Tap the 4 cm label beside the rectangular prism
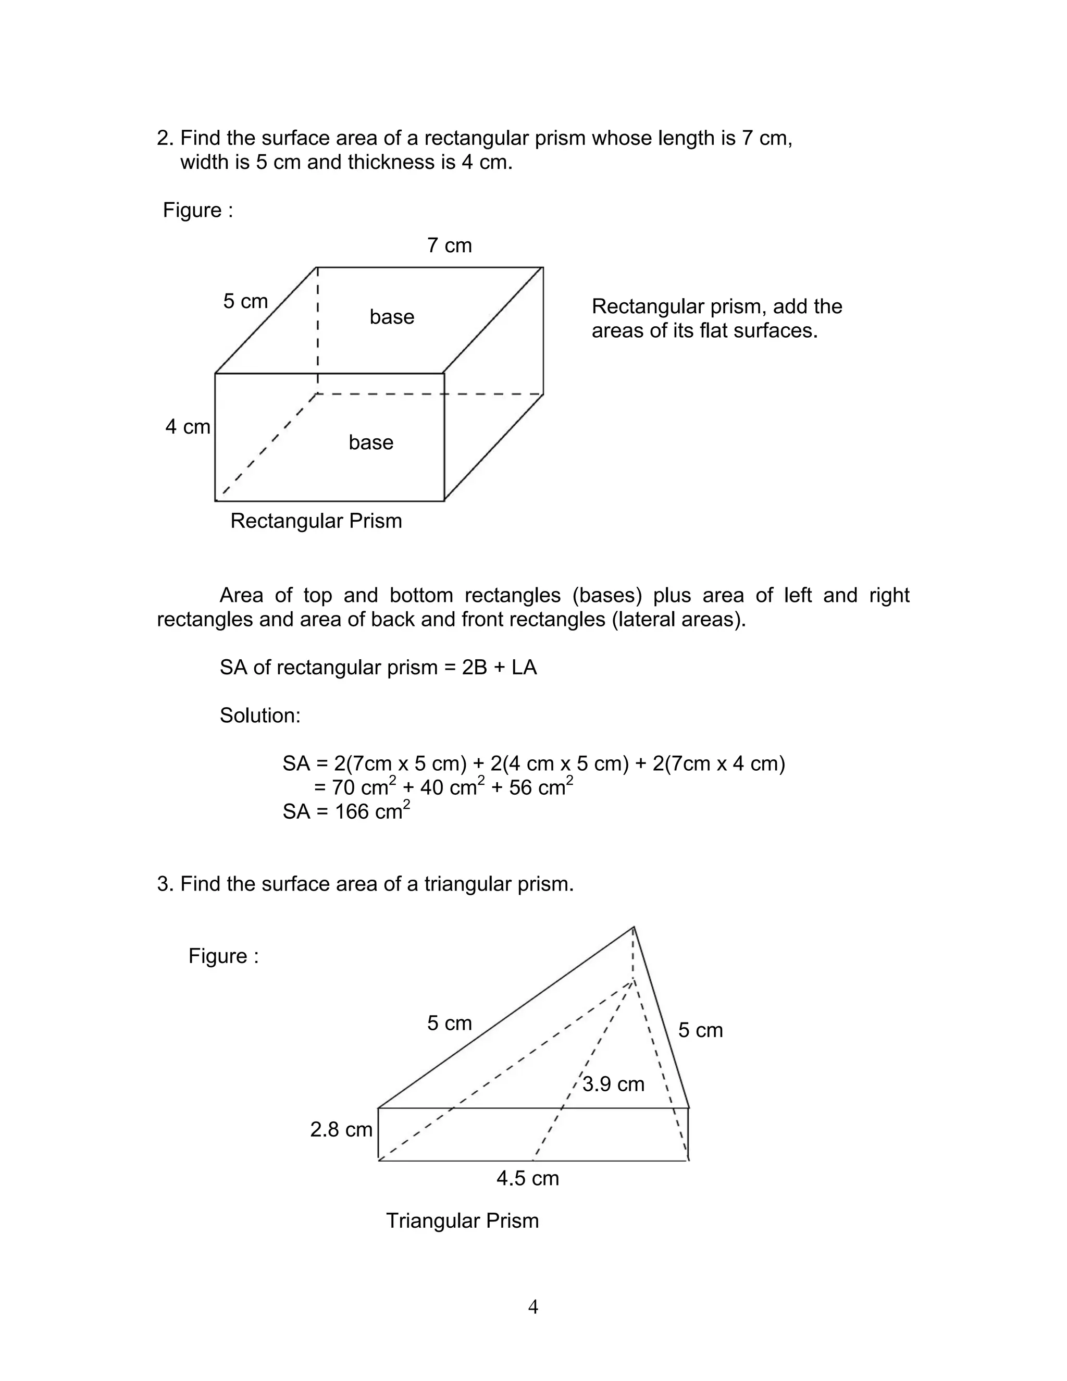[188, 427]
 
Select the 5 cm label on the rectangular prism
[245, 301]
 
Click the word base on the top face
[392, 317]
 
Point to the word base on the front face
[371, 442]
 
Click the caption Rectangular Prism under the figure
[316, 521]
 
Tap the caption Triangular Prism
[462, 1220]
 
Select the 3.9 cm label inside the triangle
[613, 1084]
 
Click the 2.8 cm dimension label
[341, 1129]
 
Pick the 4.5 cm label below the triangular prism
[528, 1179]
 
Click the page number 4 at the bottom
[533, 1306]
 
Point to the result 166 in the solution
[352, 812]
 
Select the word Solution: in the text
[260, 716]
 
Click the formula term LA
[524, 668]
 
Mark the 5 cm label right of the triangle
[700, 1030]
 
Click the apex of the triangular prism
[634, 928]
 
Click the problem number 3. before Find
[165, 884]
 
